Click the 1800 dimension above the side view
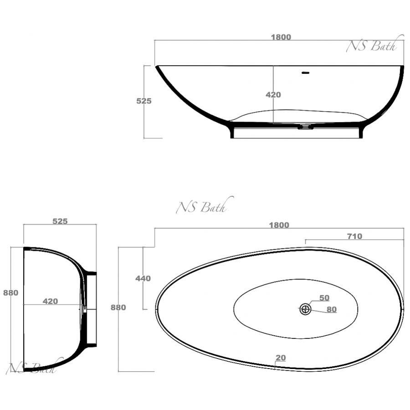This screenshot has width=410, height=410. (x=281, y=37)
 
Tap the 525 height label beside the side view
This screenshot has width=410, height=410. (x=144, y=101)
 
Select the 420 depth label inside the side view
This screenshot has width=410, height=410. (x=273, y=95)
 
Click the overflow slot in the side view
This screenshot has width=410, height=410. (x=305, y=73)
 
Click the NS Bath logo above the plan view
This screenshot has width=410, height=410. (x=205, y=205)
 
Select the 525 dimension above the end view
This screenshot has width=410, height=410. (x=60, y=221)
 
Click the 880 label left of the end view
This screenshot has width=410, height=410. (x=11, y=293)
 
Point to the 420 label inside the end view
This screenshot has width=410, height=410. (x=50, y=302)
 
